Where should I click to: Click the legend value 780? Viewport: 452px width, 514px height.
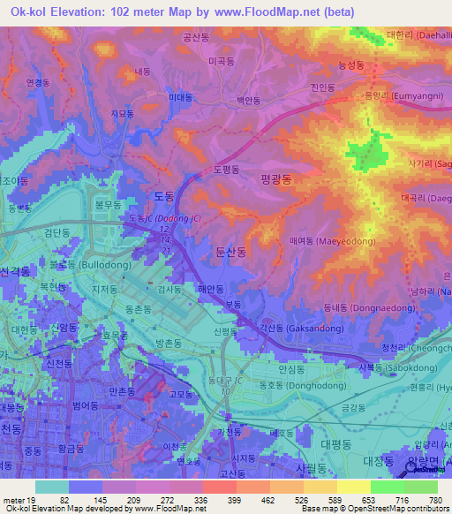coord(434,499)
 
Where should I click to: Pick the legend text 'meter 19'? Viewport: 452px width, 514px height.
coord(19,499)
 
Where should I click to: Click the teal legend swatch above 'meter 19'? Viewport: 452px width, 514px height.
coord(52,487)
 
